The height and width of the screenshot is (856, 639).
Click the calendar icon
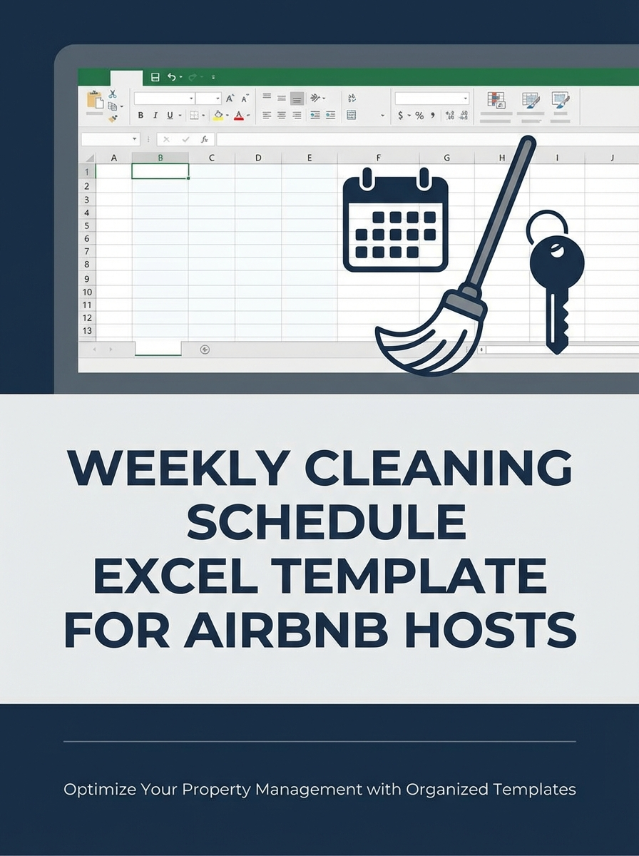click(395, 220)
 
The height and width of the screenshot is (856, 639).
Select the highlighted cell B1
click(160, 171)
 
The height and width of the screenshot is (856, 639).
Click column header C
click(212, 158)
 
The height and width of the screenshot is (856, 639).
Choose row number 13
click(87, 331)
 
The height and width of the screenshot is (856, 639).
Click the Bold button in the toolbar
click(140, 116)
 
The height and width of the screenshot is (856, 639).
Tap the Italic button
click(155, 116)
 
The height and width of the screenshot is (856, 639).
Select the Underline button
click(170, 116)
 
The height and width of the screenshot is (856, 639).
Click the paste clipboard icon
click(94, 101)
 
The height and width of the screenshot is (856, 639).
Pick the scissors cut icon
click(113, 93)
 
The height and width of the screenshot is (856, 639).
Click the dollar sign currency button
click(401, 116)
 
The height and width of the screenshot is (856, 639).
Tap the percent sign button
click(419, 116)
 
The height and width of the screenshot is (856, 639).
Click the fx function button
click(204, 140)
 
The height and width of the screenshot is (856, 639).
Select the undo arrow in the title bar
click(171, 77)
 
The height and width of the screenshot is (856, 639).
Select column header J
click(612, 158)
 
